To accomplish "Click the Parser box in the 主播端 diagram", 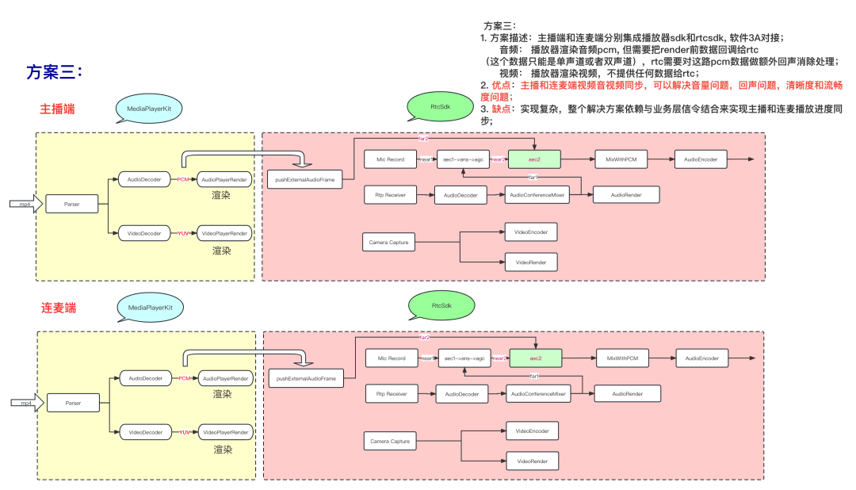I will pyautogui.click(x=73, y=205).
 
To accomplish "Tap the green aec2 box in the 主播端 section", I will pyautogui.click(x=534, y=159).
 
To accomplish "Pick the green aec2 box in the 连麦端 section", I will pyautogui.click(x=535, y=358).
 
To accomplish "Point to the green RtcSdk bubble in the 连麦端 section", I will pyautogui.click(x=441, y=304).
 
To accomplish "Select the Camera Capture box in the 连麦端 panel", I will pyautogui.click(x=391, y=441).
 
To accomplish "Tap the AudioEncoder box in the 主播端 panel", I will pyautogui.click(x=701, y=159).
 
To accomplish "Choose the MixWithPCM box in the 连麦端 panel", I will pyautogui.click(x=622, y=358).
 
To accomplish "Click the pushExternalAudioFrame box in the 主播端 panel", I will pyautogui.click(x=305, y=180).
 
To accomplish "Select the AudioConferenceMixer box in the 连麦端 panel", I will pyautogui.click(x=541, y=393).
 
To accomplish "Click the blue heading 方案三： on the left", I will pyautogui.click(x=55, y=72).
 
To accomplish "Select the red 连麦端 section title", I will pyautogui.click(x=58, y=307).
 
